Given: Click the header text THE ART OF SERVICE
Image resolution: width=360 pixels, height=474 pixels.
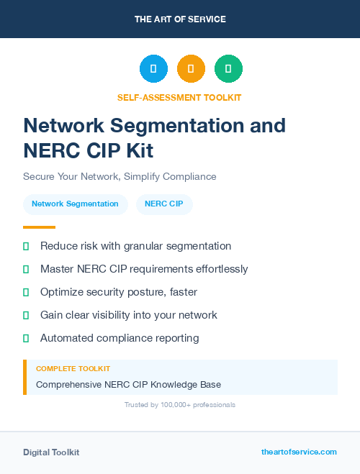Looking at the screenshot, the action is point(180,19).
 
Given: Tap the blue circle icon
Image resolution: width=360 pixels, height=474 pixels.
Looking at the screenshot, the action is point(153,68).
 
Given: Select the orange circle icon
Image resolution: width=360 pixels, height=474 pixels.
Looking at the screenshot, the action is point(191,68).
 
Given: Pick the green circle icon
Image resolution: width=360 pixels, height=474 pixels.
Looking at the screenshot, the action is point(228,68).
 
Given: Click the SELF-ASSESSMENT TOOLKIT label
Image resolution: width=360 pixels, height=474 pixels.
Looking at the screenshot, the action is point(179,97).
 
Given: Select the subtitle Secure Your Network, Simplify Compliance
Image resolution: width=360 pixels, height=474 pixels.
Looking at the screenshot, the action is point(120,176).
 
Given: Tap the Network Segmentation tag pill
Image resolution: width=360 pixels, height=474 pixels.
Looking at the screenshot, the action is point(75,204).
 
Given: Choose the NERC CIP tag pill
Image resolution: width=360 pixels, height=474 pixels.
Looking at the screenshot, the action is point(164,204).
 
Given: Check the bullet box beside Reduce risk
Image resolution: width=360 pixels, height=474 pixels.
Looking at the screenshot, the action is point(26,246).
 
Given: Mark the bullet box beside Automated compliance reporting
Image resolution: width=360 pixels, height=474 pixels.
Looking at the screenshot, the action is point(26,338).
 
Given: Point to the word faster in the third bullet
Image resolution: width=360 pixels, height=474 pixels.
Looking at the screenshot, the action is point(181,292).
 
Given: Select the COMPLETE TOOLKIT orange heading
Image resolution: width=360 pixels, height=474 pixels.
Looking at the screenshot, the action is point(73,369).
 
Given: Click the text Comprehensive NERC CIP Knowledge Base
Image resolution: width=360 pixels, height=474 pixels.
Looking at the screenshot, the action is point(128,385).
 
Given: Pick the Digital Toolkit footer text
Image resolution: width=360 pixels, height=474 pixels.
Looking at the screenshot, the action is point(51,452).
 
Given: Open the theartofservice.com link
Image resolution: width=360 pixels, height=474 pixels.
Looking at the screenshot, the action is point(299,452).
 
